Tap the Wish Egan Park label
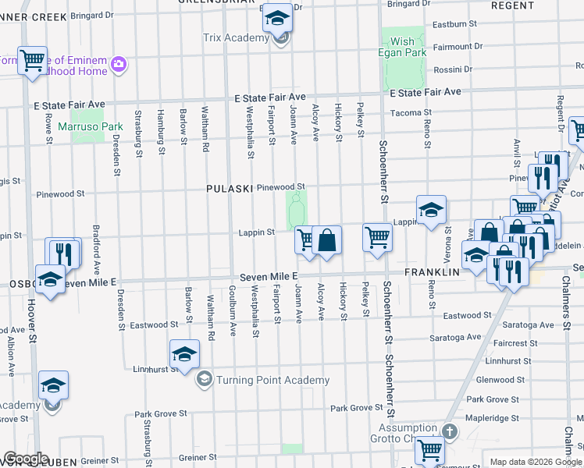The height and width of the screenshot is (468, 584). pos(403,48)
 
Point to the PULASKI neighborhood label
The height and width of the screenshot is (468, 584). pos(226,189)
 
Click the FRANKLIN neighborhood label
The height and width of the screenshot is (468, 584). pos(430,273)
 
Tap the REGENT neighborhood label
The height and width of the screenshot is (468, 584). pos(513,5)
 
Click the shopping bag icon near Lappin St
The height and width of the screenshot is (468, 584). pos(328,239)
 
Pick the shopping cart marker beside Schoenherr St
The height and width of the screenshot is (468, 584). pos(377,236)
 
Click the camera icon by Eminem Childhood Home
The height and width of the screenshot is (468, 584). pos(119,63)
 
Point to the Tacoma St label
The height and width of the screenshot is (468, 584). pos(406,112)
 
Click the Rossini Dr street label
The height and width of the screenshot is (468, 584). pos(453,69)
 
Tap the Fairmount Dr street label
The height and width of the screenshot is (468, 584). pos(453,47)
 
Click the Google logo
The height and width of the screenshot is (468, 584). pos(26,459)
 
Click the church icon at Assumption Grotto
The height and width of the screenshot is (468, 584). pos(449,431)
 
